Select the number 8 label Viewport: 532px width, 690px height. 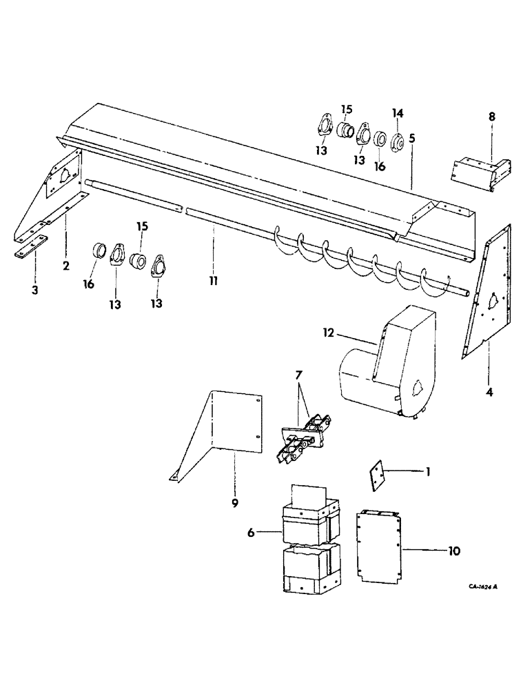[491, 118]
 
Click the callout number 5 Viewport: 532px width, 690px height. [411, 138]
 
